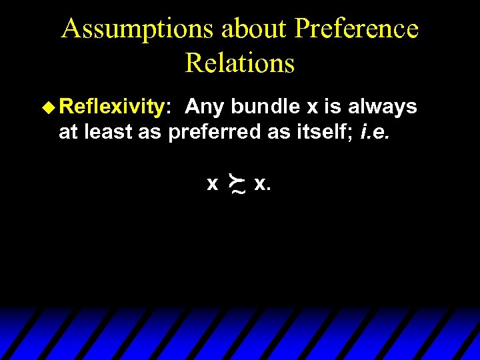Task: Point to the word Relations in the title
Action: [240, 63]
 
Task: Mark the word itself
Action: [325, 132]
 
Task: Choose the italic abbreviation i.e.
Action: [375, 132]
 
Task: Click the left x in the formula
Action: [212, 183]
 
